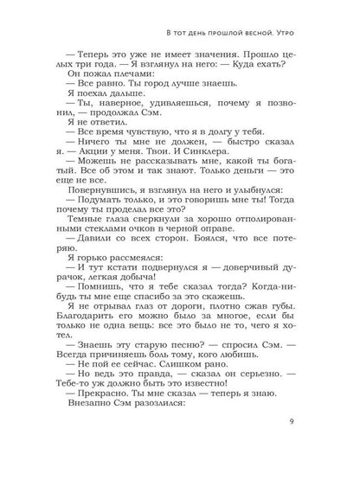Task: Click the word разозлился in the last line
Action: click(x=160, y=410)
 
